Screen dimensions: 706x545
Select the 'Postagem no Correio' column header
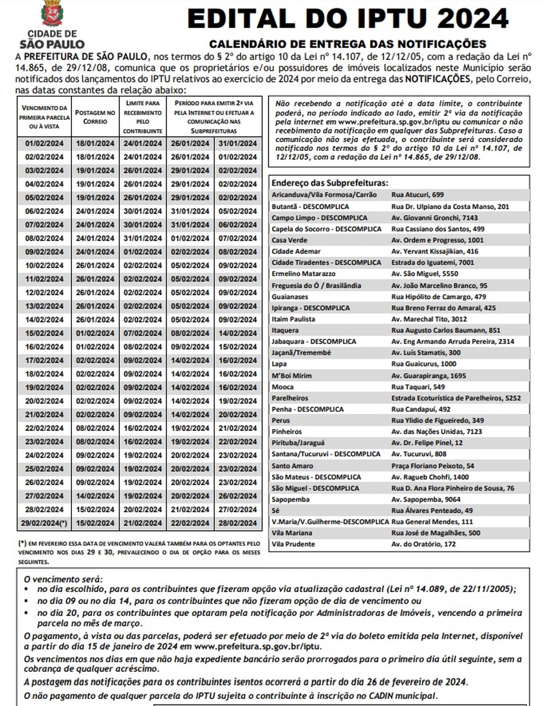pyautogui.click(x=95, y=117)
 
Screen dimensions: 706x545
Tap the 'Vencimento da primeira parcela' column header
pyautogui.click(x=44, y=117)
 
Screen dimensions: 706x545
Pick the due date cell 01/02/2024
pyautogui.click(x=44, y=143)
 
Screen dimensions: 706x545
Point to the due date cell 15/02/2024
pyautogui.click(x=44, y=333)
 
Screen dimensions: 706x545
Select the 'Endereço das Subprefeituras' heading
pyautogui.click(x=330, y=183)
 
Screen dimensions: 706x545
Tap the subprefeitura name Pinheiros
pyautogui.click(x=287, y=431)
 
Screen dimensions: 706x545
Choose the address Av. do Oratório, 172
pyautogui.click(x=423, y=544)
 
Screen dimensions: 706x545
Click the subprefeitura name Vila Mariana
pyautogui.click(x=291, y=532)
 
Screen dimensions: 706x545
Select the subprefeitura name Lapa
pyautogui.click(x=279, y=364)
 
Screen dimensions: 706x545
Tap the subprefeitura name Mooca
pyautogui.click(x=283, y=387)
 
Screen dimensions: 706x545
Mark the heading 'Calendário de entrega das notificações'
pyautogui.click(x=348, y=44)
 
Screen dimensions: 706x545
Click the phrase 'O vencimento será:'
pyautogui.click(x=63, y=579)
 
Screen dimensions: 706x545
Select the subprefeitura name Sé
pyautogui.click(x=276, y=510)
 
